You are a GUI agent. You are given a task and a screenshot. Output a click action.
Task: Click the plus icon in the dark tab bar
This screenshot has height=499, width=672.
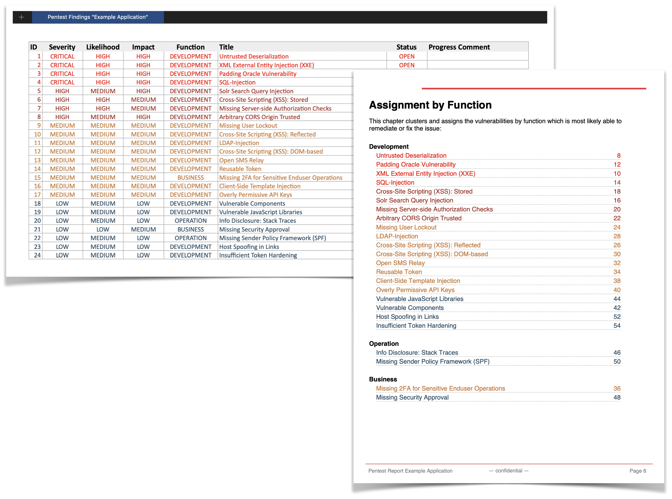pos(22,17)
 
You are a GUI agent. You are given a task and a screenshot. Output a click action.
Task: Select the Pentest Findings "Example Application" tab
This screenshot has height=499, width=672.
pos(97,17)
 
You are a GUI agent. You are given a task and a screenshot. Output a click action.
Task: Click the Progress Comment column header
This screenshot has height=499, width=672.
pos(459,47)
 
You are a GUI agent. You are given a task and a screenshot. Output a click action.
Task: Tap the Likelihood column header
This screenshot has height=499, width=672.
pos(103,47)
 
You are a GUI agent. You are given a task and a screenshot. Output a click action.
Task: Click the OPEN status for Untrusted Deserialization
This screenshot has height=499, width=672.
pos(406,56)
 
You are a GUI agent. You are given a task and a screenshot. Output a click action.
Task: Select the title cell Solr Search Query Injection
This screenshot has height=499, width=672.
pos(256,91)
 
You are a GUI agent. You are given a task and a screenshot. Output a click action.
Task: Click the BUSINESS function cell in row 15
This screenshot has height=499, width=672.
pos(191,178)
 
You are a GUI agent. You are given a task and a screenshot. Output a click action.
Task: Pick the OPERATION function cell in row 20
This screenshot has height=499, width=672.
pos(191,221)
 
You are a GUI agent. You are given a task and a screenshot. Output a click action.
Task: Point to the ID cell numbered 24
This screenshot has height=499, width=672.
pos(37,255)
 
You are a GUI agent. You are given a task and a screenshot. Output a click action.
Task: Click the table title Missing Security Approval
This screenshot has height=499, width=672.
pos(254,230)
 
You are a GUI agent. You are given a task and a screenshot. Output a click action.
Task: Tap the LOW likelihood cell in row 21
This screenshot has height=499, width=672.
pos(103,230)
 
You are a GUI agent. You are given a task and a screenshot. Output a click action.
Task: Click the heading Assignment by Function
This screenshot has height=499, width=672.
pos(430,105)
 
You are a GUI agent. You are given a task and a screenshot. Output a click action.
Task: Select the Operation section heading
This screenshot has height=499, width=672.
pos(384,344)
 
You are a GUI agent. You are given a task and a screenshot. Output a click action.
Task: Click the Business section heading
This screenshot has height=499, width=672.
pos(383,379)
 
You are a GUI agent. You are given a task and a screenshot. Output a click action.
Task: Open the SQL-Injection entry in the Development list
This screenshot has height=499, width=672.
pos(395,183)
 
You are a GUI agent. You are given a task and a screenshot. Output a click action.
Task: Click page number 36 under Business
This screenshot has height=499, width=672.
pos(617,389)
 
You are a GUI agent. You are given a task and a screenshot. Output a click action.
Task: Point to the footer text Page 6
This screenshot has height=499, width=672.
pos(638,471)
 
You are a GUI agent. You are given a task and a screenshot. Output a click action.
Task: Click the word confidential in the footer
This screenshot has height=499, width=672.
pos(509,471)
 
